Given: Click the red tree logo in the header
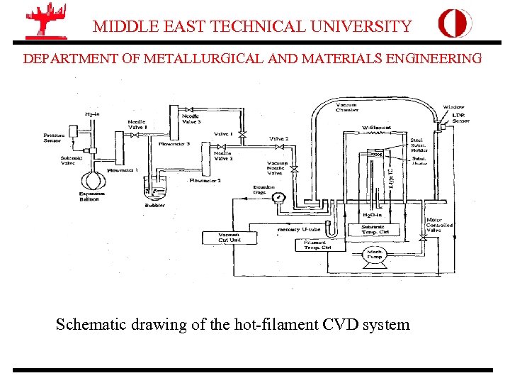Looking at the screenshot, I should point(45,21).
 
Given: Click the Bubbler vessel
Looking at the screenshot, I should point(155,192).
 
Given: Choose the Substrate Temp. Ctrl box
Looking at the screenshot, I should point(375,229).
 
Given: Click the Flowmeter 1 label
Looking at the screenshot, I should point(121,170).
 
